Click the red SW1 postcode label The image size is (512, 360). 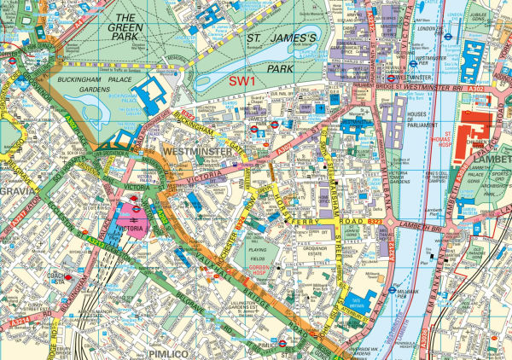point(244,79)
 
